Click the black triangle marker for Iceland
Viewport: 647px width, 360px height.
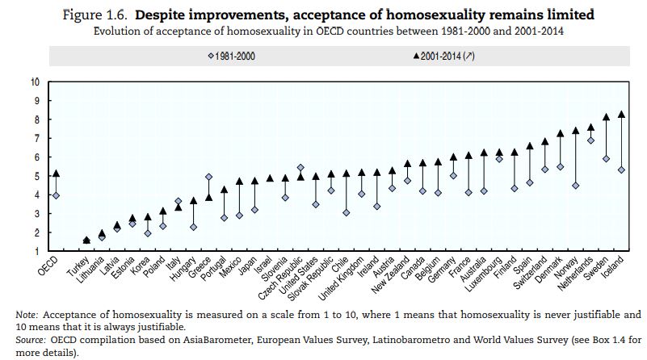click(x=621, y=114)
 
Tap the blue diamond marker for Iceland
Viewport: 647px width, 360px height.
click(x=621, y=170)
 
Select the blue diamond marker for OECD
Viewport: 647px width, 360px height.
click(x=56, y=195)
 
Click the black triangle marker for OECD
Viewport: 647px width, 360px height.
click(x=56, y=173)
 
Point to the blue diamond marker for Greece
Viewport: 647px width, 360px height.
click(x=209, y=177)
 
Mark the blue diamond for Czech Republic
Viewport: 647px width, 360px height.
click(x=301, y=168)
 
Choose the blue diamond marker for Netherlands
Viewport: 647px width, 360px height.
click(x=590, y=140)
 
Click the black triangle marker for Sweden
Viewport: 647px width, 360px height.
click(x=606, y=116)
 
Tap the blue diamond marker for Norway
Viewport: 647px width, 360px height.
click(x=575, y=186)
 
